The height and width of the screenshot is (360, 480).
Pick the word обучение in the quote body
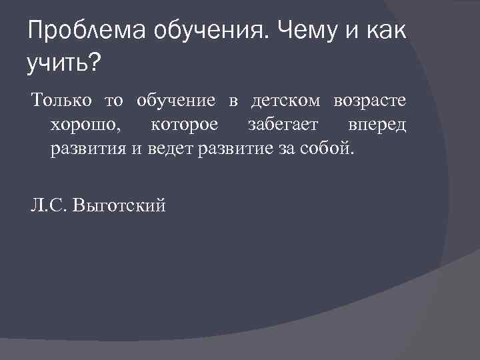[x=175, y=101]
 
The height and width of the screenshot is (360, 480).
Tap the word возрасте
[x=371, y=102]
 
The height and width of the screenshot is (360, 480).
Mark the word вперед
[x=377, y=125]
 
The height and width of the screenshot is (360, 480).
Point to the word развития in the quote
[x=87, y=147]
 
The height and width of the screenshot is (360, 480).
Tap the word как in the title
[x=379, y=30]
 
